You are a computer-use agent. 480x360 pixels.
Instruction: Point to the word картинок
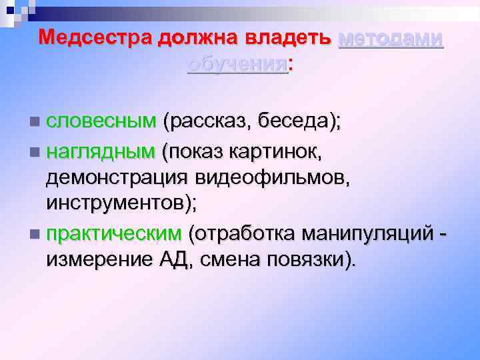[277, 153]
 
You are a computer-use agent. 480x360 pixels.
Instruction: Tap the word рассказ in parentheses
[207, 122]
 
